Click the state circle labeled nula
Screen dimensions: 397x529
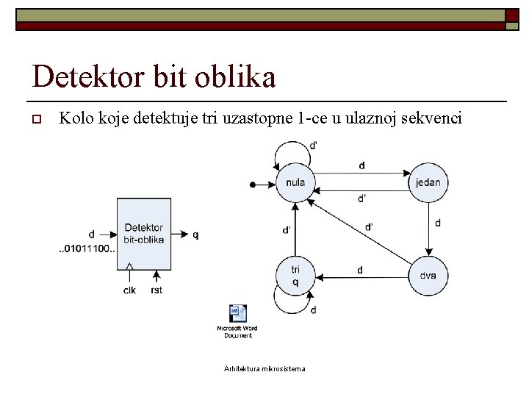(x=295, y=182)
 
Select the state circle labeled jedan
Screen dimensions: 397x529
(x=428, y=182)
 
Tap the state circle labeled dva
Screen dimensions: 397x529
(x=428, y=276)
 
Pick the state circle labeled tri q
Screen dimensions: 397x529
(x=295, y=276)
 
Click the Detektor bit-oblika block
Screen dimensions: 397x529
(x=144, y=234)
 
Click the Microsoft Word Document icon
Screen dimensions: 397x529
(x=237, y=314)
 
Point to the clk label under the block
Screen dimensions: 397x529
(x=129, y=290)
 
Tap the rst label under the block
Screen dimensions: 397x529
(x=156, y=290)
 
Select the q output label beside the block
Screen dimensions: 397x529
(x=195, y=235)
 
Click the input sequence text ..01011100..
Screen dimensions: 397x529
(x=87, y=248)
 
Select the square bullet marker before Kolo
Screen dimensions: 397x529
(x=35, y=119)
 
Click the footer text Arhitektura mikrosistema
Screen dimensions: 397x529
(x=264, y=368)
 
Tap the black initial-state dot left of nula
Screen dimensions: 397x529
(x=252, y=184)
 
